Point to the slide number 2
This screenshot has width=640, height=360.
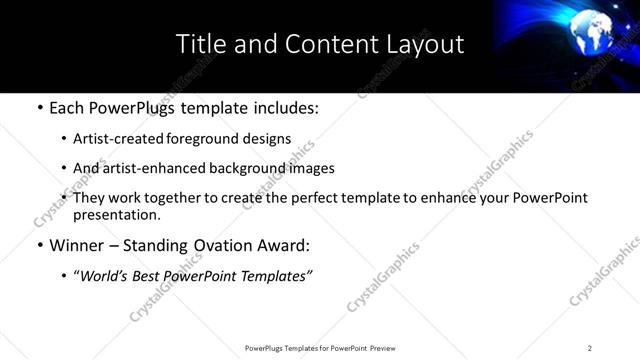pos(590,347)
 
